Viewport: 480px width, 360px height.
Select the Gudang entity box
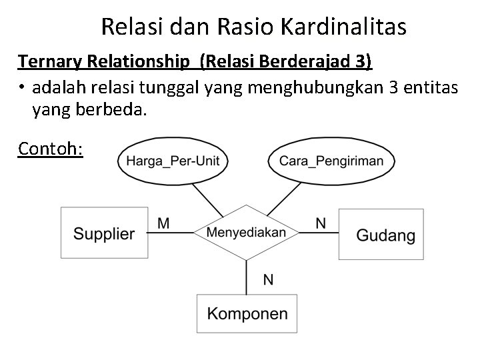381,234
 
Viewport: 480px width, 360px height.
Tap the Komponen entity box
247,313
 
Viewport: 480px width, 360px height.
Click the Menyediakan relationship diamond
247,232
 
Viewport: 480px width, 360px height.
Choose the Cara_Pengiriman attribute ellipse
331,161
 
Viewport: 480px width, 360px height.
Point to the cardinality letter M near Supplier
163,223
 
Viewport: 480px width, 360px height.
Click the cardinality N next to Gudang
321,223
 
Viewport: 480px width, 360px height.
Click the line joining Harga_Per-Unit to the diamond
207,199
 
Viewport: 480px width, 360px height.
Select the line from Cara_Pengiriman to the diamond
286,199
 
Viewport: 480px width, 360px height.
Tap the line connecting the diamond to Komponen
247,277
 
